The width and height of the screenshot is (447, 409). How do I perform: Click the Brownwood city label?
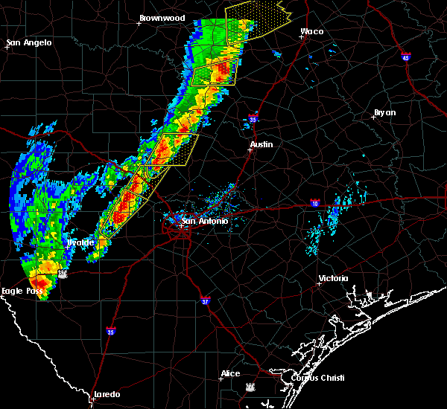[162, 18]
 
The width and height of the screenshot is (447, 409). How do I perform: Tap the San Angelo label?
[30, 42]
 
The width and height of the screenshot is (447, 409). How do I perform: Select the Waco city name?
[311, 32]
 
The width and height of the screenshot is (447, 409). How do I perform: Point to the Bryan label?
[384, 113]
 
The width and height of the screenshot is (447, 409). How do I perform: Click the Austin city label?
[261, 144]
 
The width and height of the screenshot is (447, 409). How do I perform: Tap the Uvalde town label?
[80, 242]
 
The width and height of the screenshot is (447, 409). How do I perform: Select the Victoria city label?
[333, 278]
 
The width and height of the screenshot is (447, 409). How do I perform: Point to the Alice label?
[230, 373]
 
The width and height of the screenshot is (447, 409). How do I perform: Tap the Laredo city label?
[106, 394]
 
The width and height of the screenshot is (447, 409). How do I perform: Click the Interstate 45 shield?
[406, 57]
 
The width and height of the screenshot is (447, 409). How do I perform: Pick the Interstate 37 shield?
[206, 301]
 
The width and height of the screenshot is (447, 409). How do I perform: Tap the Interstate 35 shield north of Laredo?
[111, 331]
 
